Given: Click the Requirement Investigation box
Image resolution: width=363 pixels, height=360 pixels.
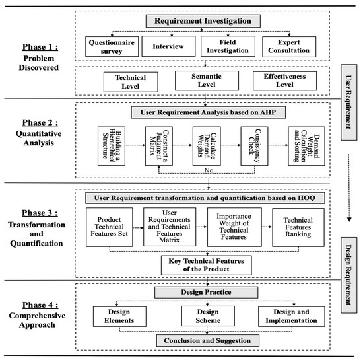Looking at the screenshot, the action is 203,21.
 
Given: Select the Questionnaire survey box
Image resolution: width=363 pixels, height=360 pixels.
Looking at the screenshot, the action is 112,46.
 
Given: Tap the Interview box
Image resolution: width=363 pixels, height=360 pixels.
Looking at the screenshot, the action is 168,46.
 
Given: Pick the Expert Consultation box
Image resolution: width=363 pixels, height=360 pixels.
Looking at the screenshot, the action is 289,46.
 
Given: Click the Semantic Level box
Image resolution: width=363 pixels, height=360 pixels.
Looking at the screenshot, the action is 207,81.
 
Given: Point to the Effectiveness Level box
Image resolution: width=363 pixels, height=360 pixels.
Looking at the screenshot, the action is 284,81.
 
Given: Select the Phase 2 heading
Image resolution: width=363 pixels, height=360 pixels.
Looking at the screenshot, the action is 40,123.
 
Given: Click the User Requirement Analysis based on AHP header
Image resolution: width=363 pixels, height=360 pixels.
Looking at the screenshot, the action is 208,112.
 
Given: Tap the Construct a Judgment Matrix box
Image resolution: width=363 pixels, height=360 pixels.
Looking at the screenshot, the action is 159,146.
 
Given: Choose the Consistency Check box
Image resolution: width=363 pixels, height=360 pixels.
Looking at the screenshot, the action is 254,146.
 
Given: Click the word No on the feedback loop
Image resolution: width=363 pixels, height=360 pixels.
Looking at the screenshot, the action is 209,170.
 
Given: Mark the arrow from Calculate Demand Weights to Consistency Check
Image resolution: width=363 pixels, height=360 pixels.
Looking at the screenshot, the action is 230,145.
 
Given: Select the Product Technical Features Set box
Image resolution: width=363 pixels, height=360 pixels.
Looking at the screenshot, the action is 110,227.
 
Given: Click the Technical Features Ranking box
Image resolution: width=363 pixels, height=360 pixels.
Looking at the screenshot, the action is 298,227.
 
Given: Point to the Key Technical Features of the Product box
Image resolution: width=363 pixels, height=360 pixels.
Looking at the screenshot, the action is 207,266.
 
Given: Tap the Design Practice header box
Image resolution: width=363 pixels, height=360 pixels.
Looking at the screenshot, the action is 206,293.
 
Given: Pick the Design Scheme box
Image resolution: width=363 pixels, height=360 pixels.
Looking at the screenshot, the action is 208,316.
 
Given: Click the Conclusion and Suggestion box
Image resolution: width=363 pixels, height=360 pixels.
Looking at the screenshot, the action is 208,341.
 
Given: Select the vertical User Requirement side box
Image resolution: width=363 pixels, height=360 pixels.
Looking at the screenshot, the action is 348,102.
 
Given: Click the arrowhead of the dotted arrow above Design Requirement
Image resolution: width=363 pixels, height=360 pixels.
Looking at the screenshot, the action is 349,219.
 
